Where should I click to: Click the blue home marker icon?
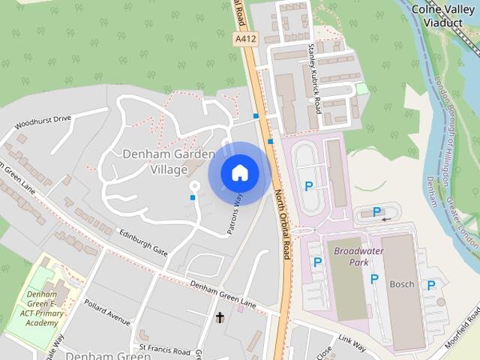[239, 173]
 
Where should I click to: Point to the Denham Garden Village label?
[163, 161]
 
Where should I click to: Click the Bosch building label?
[402, 284]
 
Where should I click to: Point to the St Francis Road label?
[164, 349]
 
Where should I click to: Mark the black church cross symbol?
[220, 318]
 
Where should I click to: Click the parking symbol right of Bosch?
[431, 285]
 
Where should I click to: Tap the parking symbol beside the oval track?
[308, 186]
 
